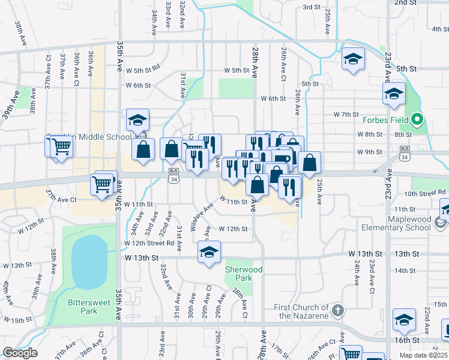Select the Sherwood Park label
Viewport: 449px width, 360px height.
243,274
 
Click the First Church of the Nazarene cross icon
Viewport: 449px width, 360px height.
338,310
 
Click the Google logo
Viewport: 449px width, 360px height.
19,353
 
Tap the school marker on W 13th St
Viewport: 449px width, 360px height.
209,252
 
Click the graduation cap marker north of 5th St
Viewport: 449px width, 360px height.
354,59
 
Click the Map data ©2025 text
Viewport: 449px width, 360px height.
422,356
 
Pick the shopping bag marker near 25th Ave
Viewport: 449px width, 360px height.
309,163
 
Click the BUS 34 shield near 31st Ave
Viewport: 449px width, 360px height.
174,179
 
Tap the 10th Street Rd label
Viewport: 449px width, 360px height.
426,193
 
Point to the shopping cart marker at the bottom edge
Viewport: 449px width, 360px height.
351,354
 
